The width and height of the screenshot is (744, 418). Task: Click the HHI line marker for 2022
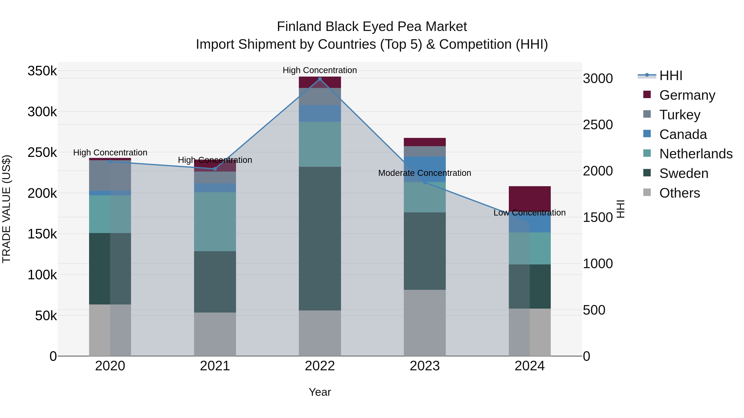320,79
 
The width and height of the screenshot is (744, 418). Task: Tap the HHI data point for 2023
424,182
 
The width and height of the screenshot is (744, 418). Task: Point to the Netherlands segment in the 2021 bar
215,221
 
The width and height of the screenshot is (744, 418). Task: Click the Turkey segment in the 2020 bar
110,175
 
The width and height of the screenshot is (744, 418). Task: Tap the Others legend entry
679,193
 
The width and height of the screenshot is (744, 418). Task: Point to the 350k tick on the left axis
42,71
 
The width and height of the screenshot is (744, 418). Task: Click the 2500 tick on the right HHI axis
597,125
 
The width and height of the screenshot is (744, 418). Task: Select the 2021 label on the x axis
215,366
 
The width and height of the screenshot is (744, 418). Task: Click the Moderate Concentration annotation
424,173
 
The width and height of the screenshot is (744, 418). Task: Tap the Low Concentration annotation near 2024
529,213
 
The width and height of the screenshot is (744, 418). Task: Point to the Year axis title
320,392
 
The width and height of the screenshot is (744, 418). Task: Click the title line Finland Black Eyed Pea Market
372,27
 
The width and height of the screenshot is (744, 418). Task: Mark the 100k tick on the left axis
42,275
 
